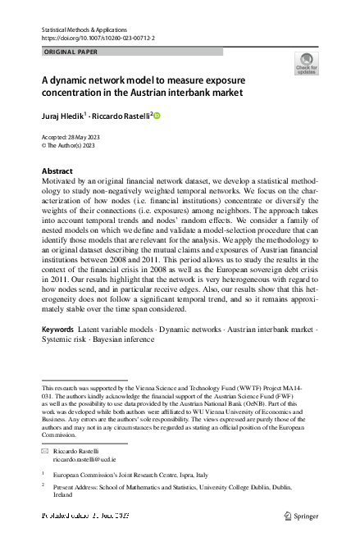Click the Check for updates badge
pos(305,64)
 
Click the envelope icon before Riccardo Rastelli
pos(45,452)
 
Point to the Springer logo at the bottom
pos(300,515)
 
